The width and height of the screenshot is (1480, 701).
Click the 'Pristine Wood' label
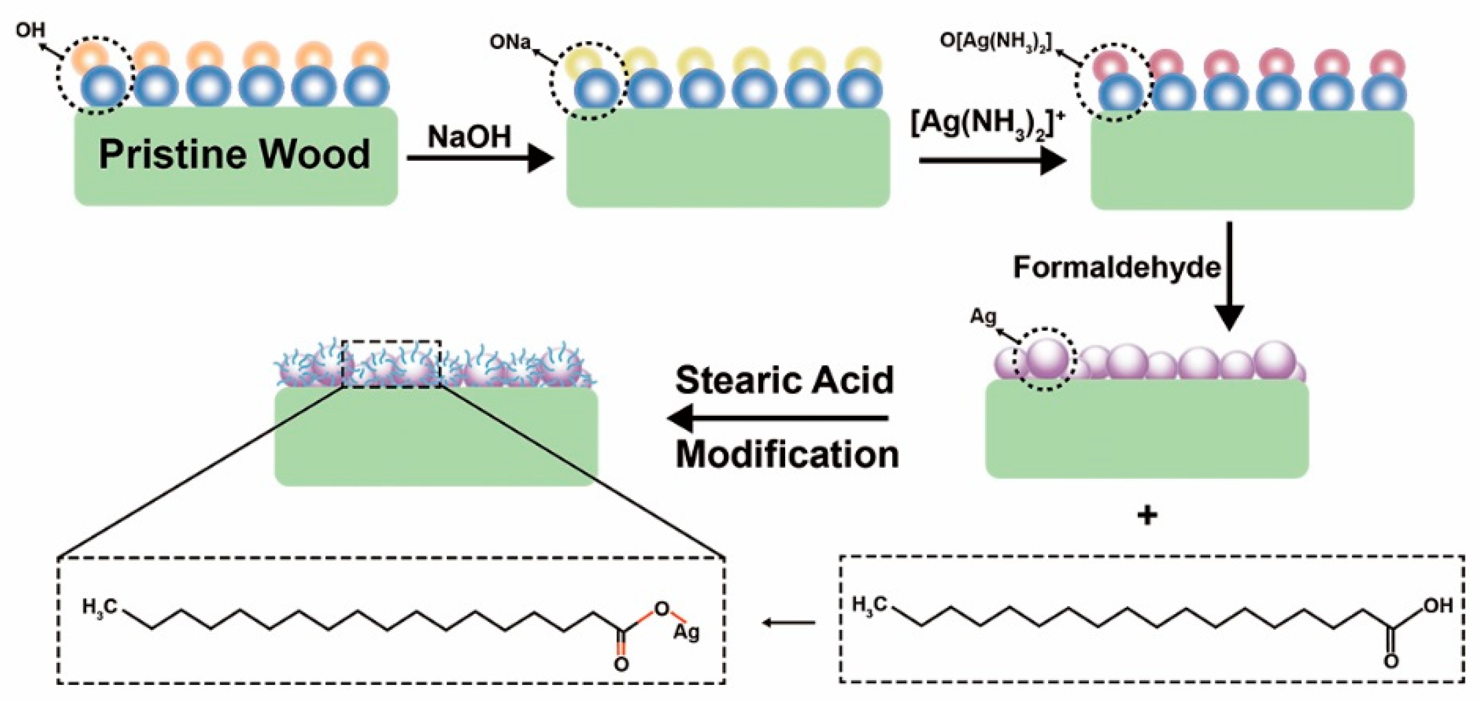tap(235, 155)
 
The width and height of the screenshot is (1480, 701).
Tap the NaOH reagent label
tap(469, 137)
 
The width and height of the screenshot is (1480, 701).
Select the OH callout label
tap(30, 30)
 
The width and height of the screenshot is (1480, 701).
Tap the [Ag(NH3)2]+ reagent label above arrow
tap(988, 125)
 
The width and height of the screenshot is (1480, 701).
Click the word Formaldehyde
tap(1116, 268)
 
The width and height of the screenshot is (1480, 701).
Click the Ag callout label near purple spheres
tap(983, 317)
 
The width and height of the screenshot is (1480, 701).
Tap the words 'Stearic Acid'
tap(785, 380)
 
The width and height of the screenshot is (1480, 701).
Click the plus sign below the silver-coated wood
tap(1147, 515)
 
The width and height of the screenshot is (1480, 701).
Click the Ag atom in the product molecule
tap(686, 632)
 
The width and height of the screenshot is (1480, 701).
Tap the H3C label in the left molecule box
tap(100, 607)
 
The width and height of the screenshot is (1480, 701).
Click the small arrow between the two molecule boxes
tap(789, 623)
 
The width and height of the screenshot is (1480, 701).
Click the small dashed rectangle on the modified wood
tap(391, 364)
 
